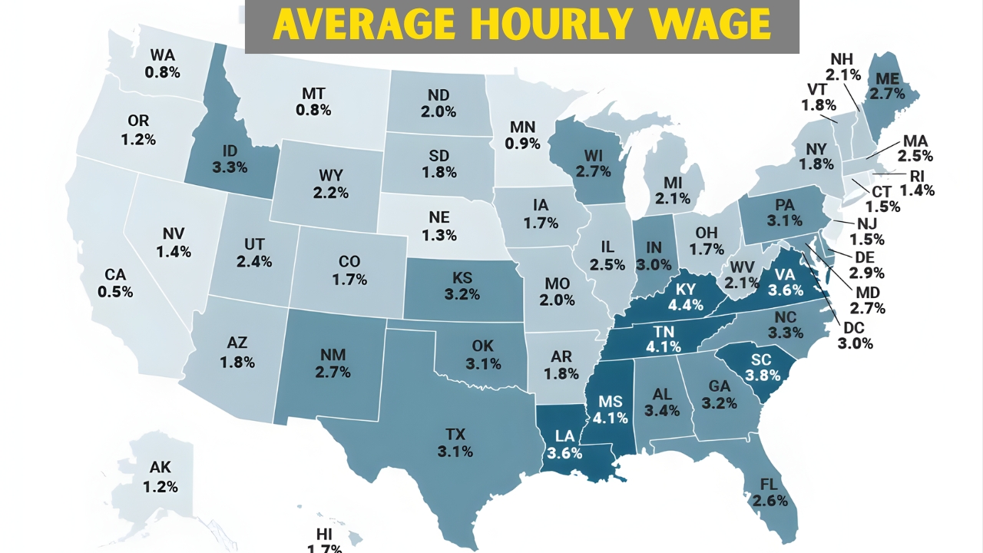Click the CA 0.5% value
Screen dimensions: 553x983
(x=115, y=292)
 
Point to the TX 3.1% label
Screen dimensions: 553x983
(x=455, y=443)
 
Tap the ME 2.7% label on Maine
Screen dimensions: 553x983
(x=886, y=86)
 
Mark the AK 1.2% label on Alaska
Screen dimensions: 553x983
(x=160, y=477)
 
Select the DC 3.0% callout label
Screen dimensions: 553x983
(x=856, y=336)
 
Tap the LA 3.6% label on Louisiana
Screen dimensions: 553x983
(x=564, y=445)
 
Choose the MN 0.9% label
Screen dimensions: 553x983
(x=523, y=135)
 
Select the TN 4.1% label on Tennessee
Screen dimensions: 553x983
(x=664, y=338)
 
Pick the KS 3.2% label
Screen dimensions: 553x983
(x=462, y=286)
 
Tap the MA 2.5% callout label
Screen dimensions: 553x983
(x=917, y=148)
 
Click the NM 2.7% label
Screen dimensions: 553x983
(x=333, y=363)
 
